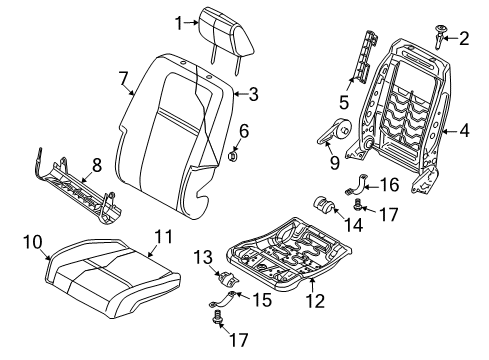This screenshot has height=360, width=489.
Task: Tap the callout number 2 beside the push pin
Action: (463, 40)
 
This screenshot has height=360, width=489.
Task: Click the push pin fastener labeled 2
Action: (440, 38)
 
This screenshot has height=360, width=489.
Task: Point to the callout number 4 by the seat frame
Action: (465, 129)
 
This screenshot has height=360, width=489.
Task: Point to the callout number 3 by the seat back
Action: (254, 96)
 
